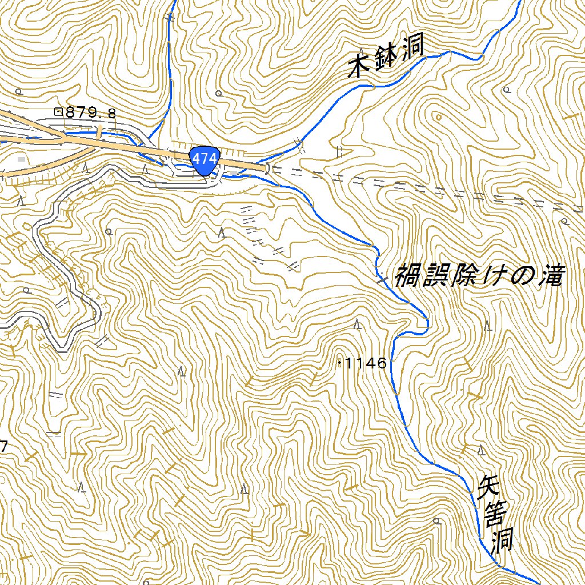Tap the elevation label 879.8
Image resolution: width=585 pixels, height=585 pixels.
point(91,113)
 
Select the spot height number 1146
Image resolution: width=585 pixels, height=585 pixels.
point(367,363)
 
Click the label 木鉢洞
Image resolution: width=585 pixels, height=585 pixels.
point(386,59)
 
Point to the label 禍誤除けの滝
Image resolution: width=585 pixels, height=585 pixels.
point(479,277)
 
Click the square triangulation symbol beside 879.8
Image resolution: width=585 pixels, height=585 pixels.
point(58,112)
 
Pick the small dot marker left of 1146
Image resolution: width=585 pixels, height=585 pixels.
point(340,362)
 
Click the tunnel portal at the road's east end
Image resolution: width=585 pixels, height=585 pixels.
point(269,168)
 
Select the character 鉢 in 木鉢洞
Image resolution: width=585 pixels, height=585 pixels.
point(386,59)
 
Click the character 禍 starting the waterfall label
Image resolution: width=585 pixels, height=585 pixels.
point(409,275)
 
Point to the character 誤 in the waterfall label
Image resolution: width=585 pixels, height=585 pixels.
point(435,277)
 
